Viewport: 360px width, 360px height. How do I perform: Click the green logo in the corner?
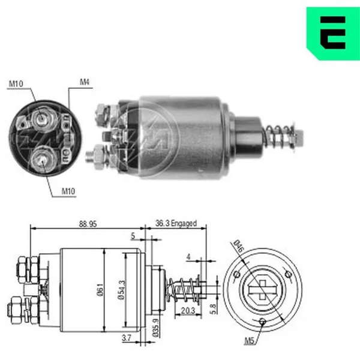(333, 34)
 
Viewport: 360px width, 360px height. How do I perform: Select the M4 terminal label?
(85, 82)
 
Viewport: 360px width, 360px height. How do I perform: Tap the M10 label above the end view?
(16, 84)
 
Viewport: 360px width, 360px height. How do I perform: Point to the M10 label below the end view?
(68, 191)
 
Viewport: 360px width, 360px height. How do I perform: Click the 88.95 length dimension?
(88, 224)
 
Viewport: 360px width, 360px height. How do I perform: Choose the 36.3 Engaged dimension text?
(176, 223)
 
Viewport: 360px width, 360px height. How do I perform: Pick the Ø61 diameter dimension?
(100, 290)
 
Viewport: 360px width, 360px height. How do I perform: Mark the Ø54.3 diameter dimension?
(121, 290)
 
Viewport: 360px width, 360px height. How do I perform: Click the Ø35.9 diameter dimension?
(155, 328)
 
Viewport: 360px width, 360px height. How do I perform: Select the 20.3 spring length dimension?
(188, 311)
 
